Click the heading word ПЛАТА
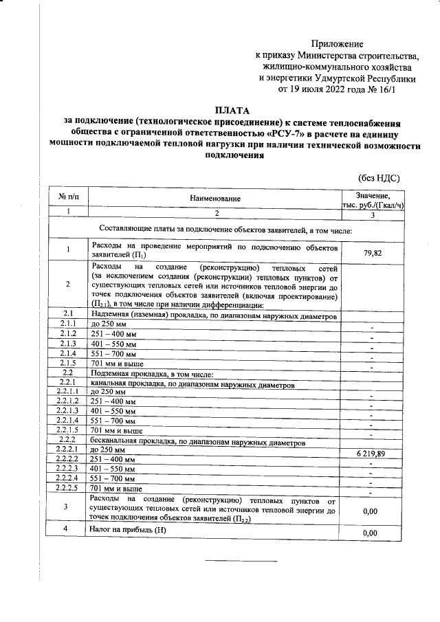[232, 109]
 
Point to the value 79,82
[371, 254]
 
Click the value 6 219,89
[371, 455]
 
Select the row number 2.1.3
[69, 343]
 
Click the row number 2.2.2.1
[69, 449]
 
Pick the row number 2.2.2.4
[69, 478]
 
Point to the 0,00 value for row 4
[371, 533]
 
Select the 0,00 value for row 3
[371, 511]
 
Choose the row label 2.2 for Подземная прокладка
[69, 372]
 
